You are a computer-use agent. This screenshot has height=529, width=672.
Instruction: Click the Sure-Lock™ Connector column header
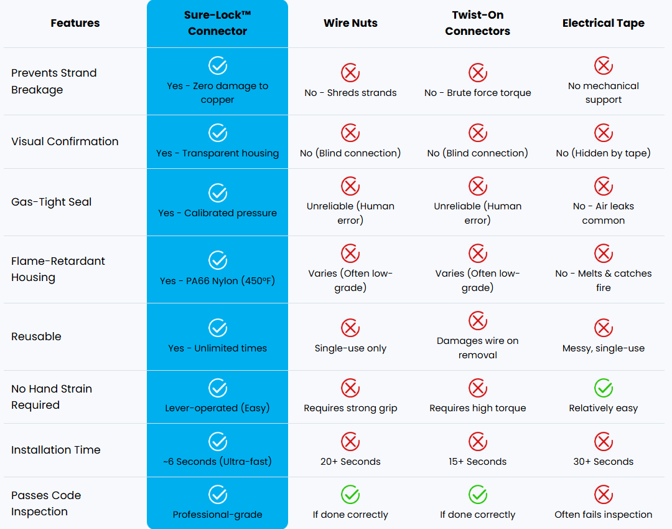point(217,23)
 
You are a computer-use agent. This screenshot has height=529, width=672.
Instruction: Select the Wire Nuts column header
point(350,23)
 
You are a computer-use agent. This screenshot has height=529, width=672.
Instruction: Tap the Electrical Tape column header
point(604,23)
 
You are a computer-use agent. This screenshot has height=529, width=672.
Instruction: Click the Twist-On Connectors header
point(477,23)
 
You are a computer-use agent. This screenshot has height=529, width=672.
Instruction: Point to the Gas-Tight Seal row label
point(52,202)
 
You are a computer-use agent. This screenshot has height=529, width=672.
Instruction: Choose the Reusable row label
point(37,336)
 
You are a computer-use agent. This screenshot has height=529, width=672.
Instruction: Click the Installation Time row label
point(56,450)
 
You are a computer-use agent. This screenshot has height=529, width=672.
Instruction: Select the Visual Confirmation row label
point(65,141)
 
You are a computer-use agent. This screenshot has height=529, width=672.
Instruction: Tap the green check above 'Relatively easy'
point(604,388)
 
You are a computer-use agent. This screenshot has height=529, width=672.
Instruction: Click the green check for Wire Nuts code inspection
point(350,495)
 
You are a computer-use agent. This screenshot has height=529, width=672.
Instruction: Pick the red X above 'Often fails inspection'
point(604,495)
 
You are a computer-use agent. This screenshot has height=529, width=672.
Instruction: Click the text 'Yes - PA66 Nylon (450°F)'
point(217,281)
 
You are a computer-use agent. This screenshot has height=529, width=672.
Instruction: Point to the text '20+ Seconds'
point(350,462)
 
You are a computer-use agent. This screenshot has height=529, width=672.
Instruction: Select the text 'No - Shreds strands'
point(350,93)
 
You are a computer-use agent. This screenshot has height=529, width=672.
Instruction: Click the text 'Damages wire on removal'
point(477,348)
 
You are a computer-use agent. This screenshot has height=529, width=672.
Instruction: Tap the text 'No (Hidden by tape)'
point(604,153)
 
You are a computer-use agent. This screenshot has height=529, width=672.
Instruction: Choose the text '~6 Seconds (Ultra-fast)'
point(217,462)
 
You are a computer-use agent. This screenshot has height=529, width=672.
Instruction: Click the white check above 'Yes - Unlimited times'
point(218,328)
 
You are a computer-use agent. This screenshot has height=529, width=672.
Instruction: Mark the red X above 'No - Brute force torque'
point(477,72)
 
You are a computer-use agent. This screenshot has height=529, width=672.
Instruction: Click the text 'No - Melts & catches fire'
point(604,280)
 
